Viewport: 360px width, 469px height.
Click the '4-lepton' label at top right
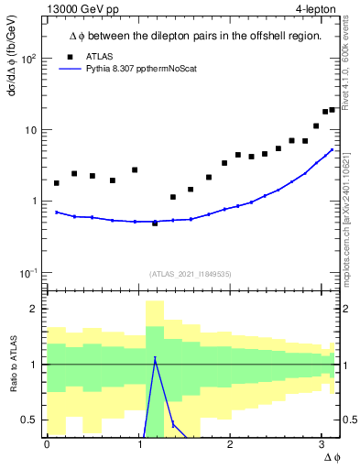coord(315,10)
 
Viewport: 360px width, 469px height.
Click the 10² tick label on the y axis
coord(29,59)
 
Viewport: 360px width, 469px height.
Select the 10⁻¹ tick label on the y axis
coord(29,273)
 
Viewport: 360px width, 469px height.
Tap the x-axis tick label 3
coord(322,444)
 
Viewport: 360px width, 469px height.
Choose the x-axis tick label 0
coord(47,444)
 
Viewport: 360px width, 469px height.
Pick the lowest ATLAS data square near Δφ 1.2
coord(155,224)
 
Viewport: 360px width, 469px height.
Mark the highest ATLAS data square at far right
coord(333,110)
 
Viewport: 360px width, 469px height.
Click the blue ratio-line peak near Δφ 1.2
coord(155,358)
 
